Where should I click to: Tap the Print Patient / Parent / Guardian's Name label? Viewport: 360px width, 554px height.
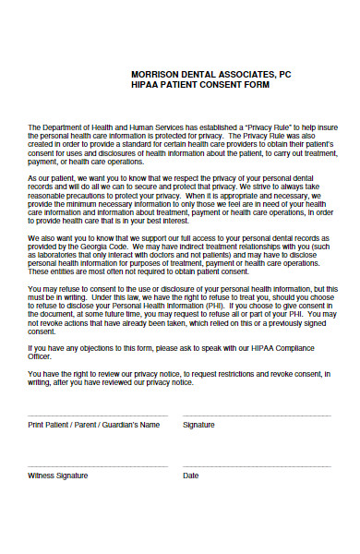pyautogui.click(x=94, y=425)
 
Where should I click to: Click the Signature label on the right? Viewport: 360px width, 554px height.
pyautogui.click(x=198, y=425)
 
